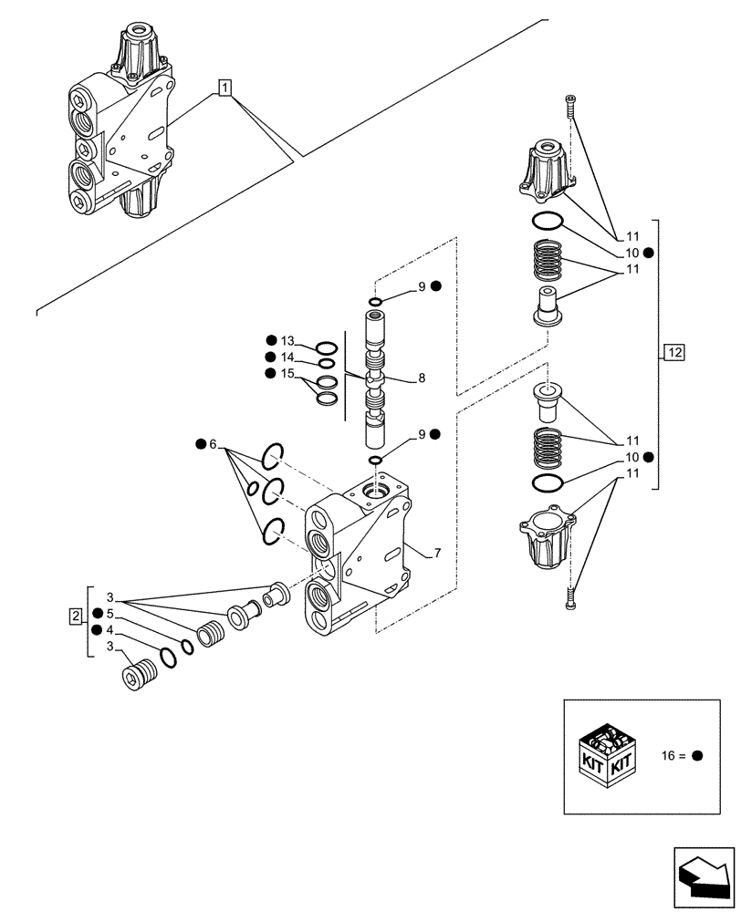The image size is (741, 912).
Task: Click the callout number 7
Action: click(437, 553)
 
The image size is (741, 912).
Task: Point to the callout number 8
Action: click(421, 377)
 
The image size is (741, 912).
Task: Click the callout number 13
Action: click(289, 340)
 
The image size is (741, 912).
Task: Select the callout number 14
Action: click(289, 357)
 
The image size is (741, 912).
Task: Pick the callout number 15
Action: click(289, 373)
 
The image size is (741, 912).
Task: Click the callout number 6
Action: click(214, 444)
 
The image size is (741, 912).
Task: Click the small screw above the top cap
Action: click(570, 107)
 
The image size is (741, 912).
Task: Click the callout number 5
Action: click(110, 613)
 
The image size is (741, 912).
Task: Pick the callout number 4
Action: click(110, 630)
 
